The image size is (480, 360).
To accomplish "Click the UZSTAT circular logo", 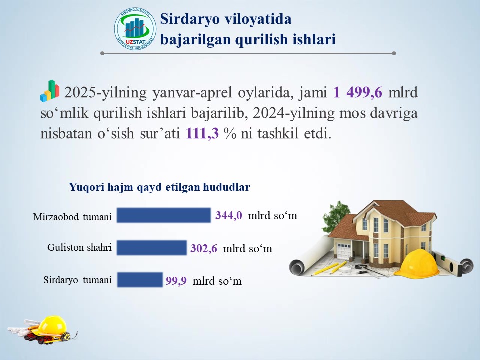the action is tap(135, 29).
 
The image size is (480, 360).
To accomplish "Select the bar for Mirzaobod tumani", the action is tap(164, 215).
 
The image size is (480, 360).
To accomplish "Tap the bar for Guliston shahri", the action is tap(152, 248).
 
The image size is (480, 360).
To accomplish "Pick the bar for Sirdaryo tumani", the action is tap(140, 280).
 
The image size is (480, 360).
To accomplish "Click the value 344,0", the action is tap(229, 215).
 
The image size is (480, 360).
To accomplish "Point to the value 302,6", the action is tap(204, 248).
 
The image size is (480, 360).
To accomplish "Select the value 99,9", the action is tap(176, 281).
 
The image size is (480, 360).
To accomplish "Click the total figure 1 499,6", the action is tap(358, 92).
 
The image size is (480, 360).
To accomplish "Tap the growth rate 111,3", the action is tap(202, 133).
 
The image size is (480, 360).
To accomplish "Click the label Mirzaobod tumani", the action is tap(72, 217).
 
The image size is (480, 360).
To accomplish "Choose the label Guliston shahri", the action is tap(79, 247).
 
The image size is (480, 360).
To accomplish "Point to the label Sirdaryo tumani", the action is tap(78, 280).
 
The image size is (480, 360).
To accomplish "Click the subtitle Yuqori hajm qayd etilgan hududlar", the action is tap(160, 187).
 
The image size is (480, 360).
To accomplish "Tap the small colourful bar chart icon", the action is tap(50, 91).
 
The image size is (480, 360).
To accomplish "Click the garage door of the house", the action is tap(344, 251).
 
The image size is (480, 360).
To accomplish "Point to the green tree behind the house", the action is tap(336, 216).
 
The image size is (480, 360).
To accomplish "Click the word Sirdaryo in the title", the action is tap(190, 19).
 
